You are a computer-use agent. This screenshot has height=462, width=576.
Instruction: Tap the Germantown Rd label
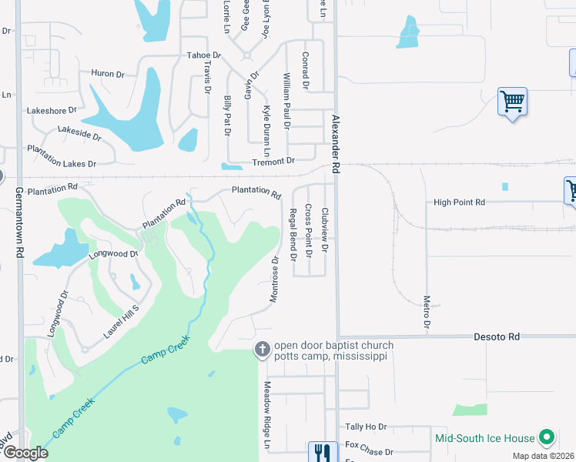tap(18, 223)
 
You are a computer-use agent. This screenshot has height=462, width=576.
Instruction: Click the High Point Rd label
tap(459, 203)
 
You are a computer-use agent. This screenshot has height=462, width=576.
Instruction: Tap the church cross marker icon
tap(263, 350)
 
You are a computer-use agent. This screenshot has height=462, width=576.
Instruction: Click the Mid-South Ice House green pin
tap(547, 438)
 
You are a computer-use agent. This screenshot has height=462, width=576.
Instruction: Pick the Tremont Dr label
tap(274, 161)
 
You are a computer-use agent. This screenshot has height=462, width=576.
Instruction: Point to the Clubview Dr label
tap(325, 230)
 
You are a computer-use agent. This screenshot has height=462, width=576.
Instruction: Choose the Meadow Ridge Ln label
tap(268, 416)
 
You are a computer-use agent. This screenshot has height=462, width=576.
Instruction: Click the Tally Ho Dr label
tap(365, 427)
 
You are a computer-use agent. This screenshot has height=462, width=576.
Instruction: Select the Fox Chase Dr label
tap(369, 444)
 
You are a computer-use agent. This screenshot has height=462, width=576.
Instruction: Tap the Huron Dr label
tap(108, 74)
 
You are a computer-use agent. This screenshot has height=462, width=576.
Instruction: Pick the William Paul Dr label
tap(286, 101)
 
